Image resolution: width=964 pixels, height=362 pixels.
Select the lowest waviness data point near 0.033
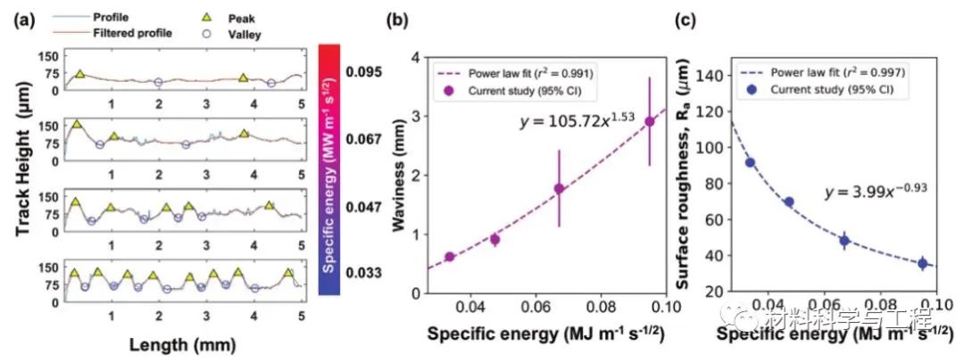pos(449,257)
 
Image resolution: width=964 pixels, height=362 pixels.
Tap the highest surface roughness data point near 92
pos(751,162)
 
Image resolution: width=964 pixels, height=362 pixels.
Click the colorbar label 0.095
pos(366,71)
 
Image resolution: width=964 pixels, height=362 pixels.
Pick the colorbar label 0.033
pos(366,273)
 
